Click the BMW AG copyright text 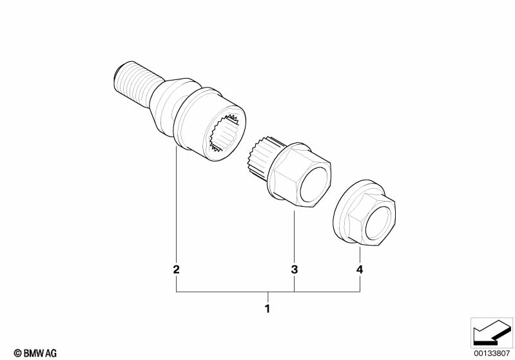tap(31, 353)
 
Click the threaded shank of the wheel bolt tap(132, 81)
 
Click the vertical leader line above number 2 tap(176, 206)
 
